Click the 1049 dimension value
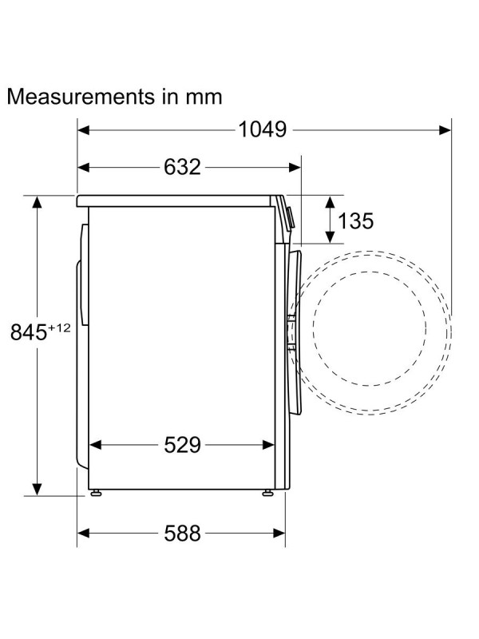tap(263, 129)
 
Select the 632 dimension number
tap(182, 167)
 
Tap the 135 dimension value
tap(355, 221)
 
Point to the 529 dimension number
tap(182, 445)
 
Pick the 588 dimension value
tap(182, 533)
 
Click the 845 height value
tap(29, 331)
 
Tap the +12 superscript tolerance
tap(59, 327)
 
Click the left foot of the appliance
tap(96, 493)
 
